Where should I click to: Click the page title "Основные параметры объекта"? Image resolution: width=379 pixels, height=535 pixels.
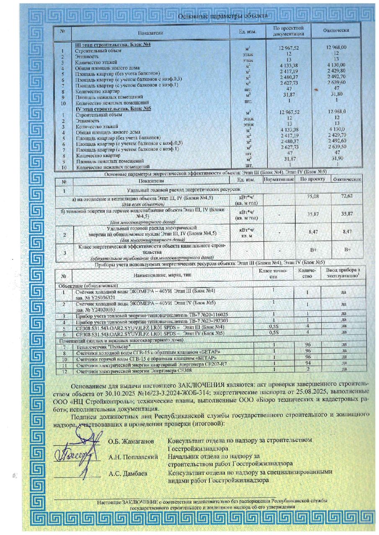tap(223, 16)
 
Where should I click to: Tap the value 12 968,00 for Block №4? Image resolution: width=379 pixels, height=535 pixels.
tap(336, 47)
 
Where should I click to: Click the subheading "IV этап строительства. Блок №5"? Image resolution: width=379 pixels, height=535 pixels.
tap(113, 108)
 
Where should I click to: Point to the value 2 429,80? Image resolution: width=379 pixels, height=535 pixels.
tap(336, 71)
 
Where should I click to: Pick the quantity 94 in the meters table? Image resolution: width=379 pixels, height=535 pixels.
tap(307, 364)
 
